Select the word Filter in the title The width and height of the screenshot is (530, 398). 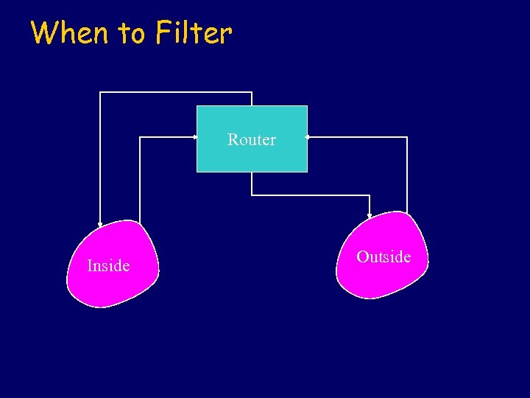click(194, 32)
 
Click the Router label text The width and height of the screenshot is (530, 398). click(252, 139)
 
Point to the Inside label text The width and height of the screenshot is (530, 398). click(108, 265)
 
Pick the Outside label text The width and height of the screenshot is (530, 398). click(384, 256)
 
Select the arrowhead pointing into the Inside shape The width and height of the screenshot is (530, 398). click(100, 223)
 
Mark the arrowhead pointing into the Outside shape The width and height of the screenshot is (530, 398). click(370, 214)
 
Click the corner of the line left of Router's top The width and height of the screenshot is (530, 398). click(100, 92)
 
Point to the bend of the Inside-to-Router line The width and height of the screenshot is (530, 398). click(139, 137)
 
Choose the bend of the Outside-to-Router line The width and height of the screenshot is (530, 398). click(406, 137)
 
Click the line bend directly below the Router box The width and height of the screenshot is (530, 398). click(252, 195)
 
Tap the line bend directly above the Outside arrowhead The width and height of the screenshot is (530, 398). click(370, 195)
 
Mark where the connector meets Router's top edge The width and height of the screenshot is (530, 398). click(252, 106)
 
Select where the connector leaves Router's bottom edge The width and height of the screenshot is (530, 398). click(252, 172)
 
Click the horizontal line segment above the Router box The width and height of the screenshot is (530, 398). click(177, 92)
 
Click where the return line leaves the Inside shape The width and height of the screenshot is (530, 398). click(139, 222)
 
